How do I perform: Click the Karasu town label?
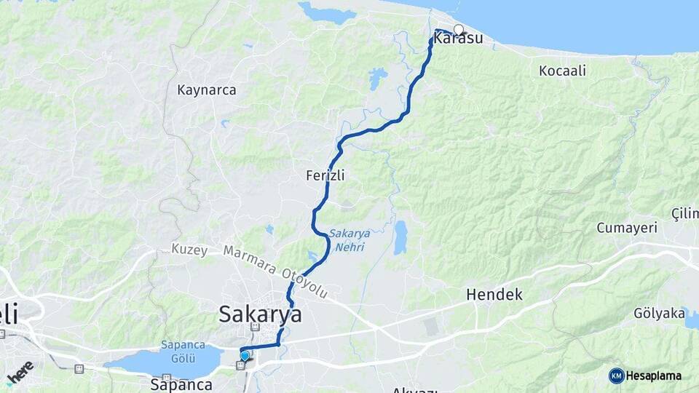459,39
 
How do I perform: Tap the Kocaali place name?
563,71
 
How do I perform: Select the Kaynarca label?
207,90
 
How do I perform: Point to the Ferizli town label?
325,175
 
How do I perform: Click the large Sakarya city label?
260,314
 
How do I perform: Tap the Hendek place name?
494,295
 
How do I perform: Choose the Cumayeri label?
627,228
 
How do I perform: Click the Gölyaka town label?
659,314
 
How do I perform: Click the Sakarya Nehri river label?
349,239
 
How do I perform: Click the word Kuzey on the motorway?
189,250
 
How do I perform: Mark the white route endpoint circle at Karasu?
459,29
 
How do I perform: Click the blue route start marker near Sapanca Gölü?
245,356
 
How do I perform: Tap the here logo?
20,372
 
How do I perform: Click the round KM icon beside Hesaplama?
616,376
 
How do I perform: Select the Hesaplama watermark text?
654,376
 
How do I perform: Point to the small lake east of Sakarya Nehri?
400,238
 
